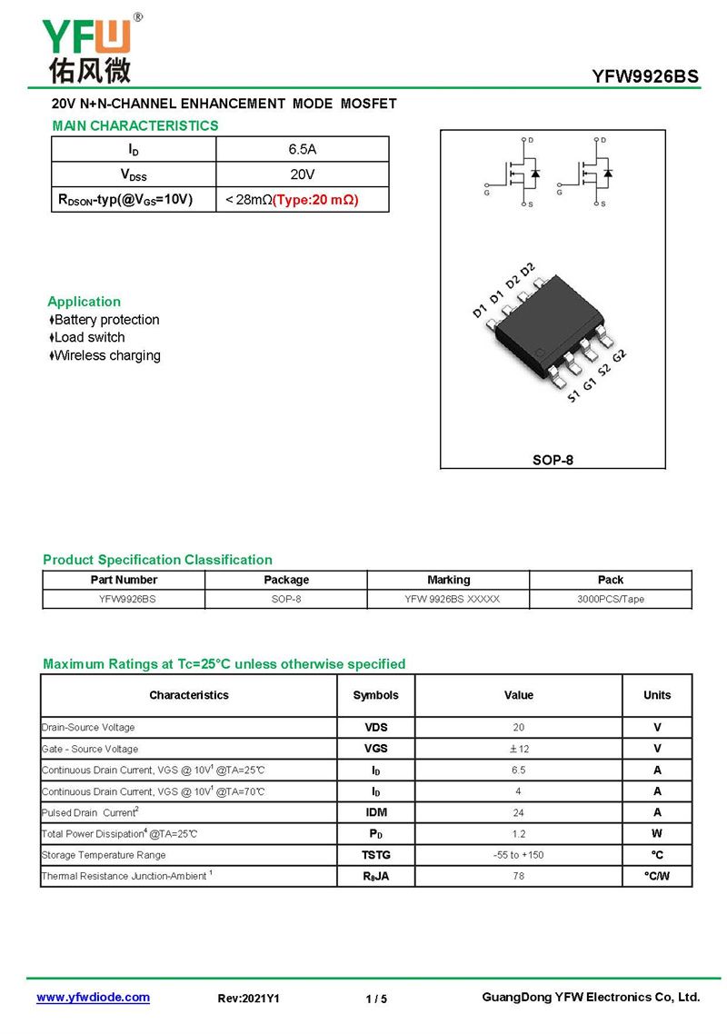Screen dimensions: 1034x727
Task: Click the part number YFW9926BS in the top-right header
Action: click(x=645, y=77)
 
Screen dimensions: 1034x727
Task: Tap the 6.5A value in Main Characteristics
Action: click(x=302, y=149)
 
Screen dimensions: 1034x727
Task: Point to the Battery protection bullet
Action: click(x=105, y=320)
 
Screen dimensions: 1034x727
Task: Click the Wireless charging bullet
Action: click(x=105, y=356)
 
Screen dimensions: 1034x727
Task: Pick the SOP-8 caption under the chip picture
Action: click(x=553, y=460)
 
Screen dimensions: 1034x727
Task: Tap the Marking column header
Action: click(x=448, y=580)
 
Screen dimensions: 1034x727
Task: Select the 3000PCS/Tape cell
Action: click(x=610, y=600)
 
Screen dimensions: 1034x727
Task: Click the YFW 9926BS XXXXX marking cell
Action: click(x=448, y=600)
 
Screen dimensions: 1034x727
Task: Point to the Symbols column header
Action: click(x=375, y=695)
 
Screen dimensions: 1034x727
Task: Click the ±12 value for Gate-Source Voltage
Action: click(x=519, y=749)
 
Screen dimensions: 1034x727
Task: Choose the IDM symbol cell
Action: click(x=375, y=812)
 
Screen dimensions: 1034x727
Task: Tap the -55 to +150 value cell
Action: click(x=519, y=855)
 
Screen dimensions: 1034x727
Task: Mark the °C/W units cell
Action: click(x=656, y=877)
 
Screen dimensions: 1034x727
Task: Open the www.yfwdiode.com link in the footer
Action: click(x=93, y=998)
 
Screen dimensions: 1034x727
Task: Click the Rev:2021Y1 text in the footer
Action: click(x=248, y=999)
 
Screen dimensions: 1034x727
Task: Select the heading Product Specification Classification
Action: click(x=157, y=560)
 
